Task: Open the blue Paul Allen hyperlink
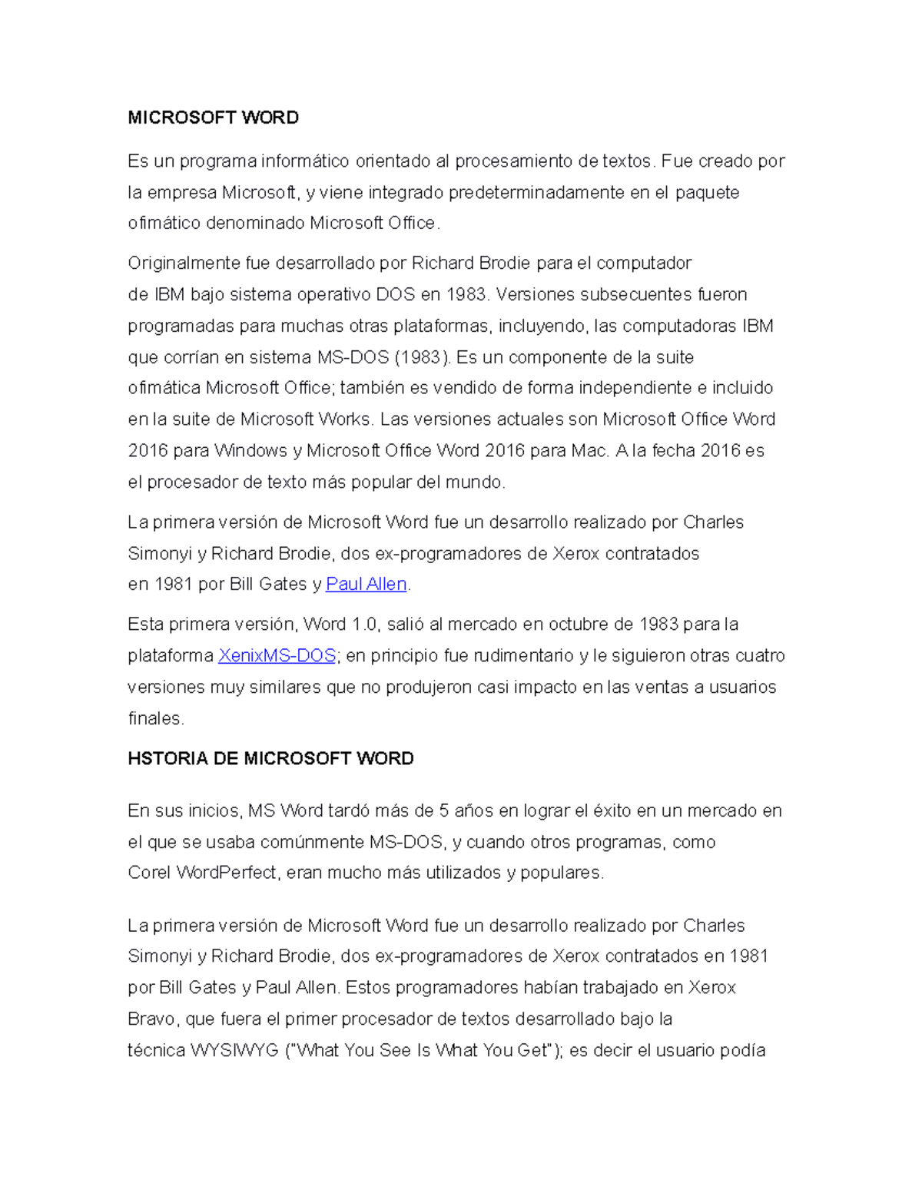point(366,585)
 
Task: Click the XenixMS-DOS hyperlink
point(277,656)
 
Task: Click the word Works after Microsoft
point(344,419)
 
